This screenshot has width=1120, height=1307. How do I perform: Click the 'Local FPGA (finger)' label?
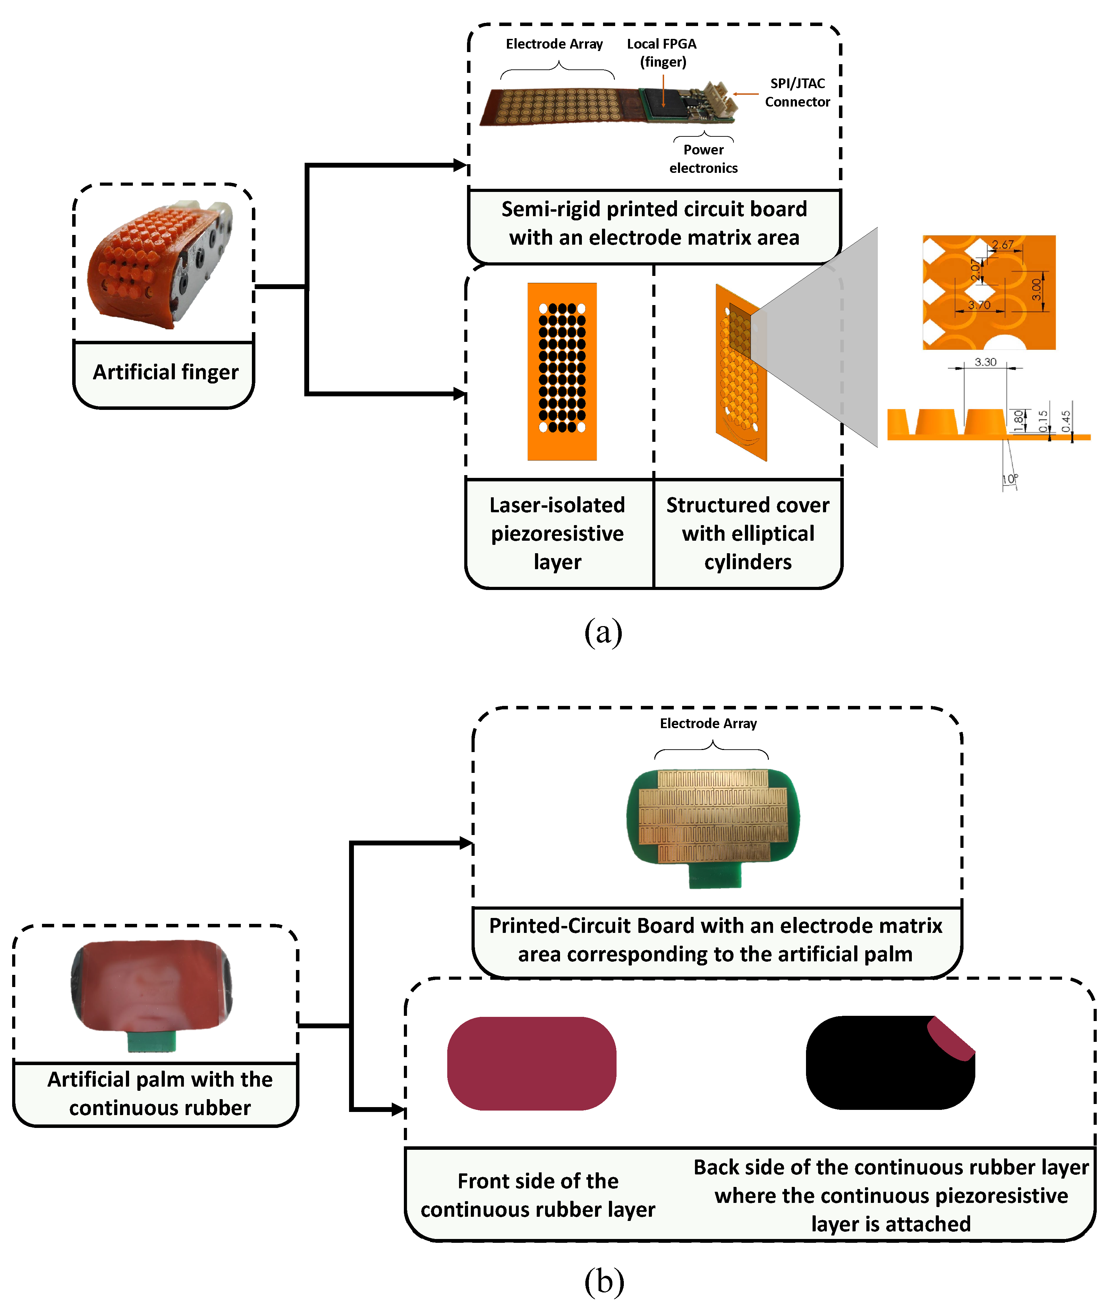(x=662, y=53)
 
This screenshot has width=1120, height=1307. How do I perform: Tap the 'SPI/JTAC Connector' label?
(x=797, y=93)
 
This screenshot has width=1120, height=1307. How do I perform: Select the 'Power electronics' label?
(x=703, y=159)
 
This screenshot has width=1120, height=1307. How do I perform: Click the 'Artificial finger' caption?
(x=165, y=372)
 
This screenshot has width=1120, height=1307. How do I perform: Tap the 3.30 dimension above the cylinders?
(x=985, y=362)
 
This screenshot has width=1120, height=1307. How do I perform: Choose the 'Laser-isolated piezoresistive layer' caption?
(x=558, y=534)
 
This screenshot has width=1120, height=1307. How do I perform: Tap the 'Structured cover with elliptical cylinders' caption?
(x=748, y=534)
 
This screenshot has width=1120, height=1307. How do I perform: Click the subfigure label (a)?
(x=603, y=632)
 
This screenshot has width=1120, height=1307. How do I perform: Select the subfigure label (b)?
(x=603, y=1281)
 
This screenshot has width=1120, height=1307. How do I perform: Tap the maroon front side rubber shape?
(x=532, y=1063)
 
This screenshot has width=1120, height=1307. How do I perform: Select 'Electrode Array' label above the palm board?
(x=708, y=724)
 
